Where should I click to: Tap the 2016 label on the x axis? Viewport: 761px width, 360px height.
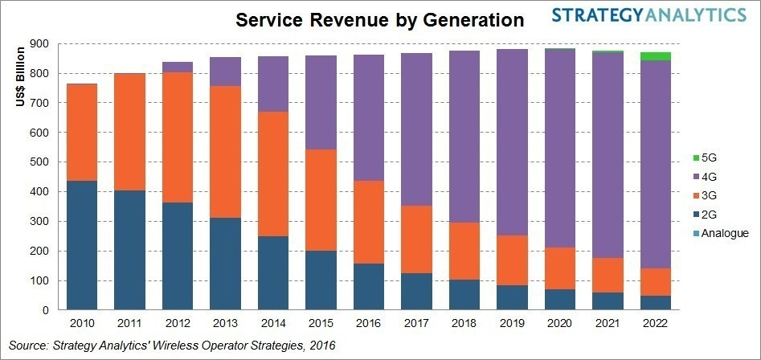[x=369, y=324]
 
